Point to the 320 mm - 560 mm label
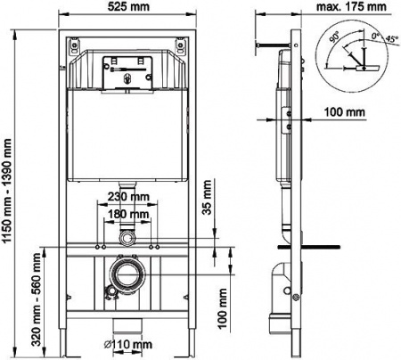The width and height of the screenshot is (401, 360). pos(37,298)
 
